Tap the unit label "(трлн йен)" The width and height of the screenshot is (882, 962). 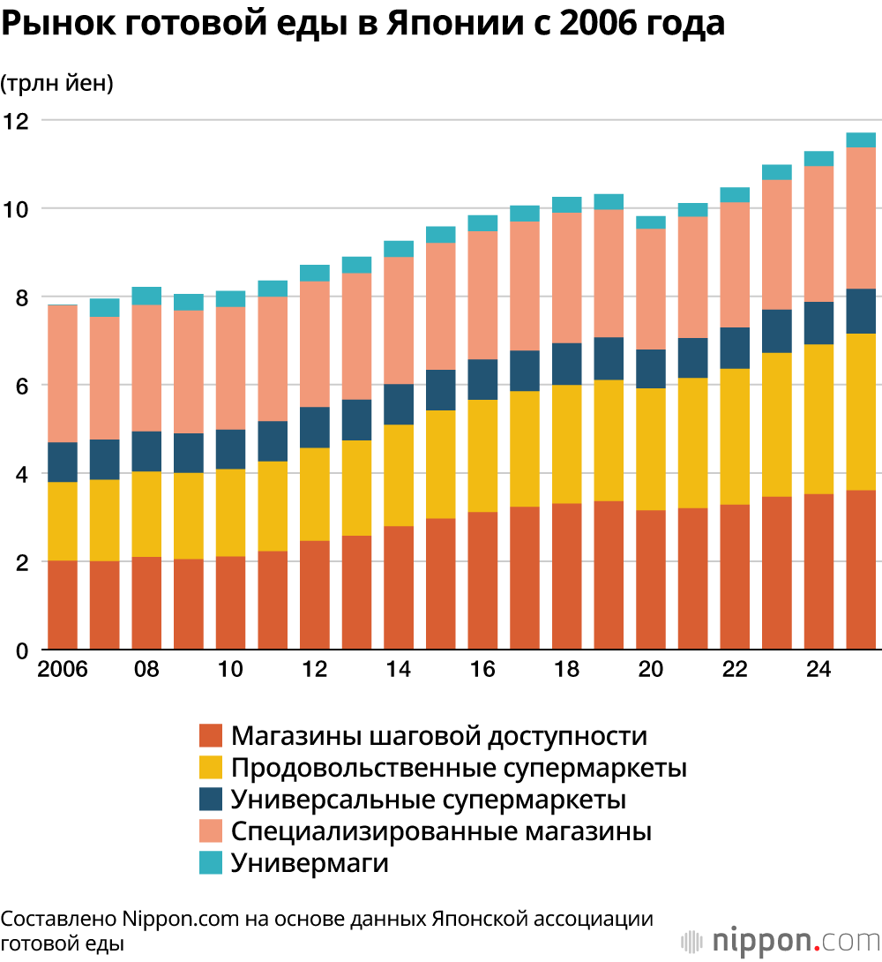coord(57,83)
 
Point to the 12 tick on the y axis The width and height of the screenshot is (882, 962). coord(16,121)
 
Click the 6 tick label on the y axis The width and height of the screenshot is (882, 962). coord(22,386)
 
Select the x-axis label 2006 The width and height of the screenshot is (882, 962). coord(63,669)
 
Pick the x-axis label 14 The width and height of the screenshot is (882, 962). coord(399,669)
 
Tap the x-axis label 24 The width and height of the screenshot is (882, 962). coord(818,669)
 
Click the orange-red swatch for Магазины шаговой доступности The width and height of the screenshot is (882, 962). coord(210,735)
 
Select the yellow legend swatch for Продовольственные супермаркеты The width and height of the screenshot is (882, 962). coord(210,768)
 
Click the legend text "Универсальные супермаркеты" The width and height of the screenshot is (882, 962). coord(429,800)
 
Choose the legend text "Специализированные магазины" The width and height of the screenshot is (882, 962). coord(441,831)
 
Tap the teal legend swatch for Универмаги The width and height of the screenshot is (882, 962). coord(210,862)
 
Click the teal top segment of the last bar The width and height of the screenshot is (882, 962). coord(861,139)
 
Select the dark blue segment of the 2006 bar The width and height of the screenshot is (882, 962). coord(63,462)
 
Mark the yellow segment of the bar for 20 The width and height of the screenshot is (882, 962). coord(651,449)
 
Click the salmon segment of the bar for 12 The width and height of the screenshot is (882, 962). coord(314,344)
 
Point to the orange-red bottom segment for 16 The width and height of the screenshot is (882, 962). coord(482,581)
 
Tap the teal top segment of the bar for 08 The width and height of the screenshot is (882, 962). coord(146,296)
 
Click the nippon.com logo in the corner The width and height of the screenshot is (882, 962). coord(781,941)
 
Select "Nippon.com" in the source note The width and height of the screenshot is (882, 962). coord(180,919)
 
